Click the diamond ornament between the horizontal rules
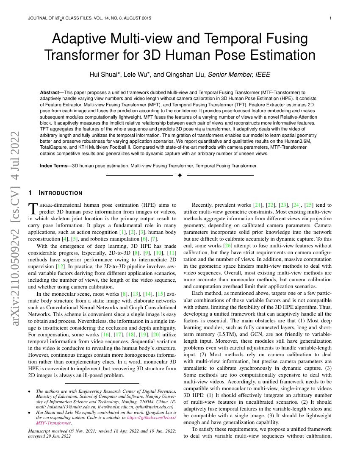180,175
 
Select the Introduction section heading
60,193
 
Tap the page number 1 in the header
330,18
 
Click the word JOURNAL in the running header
38,18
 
